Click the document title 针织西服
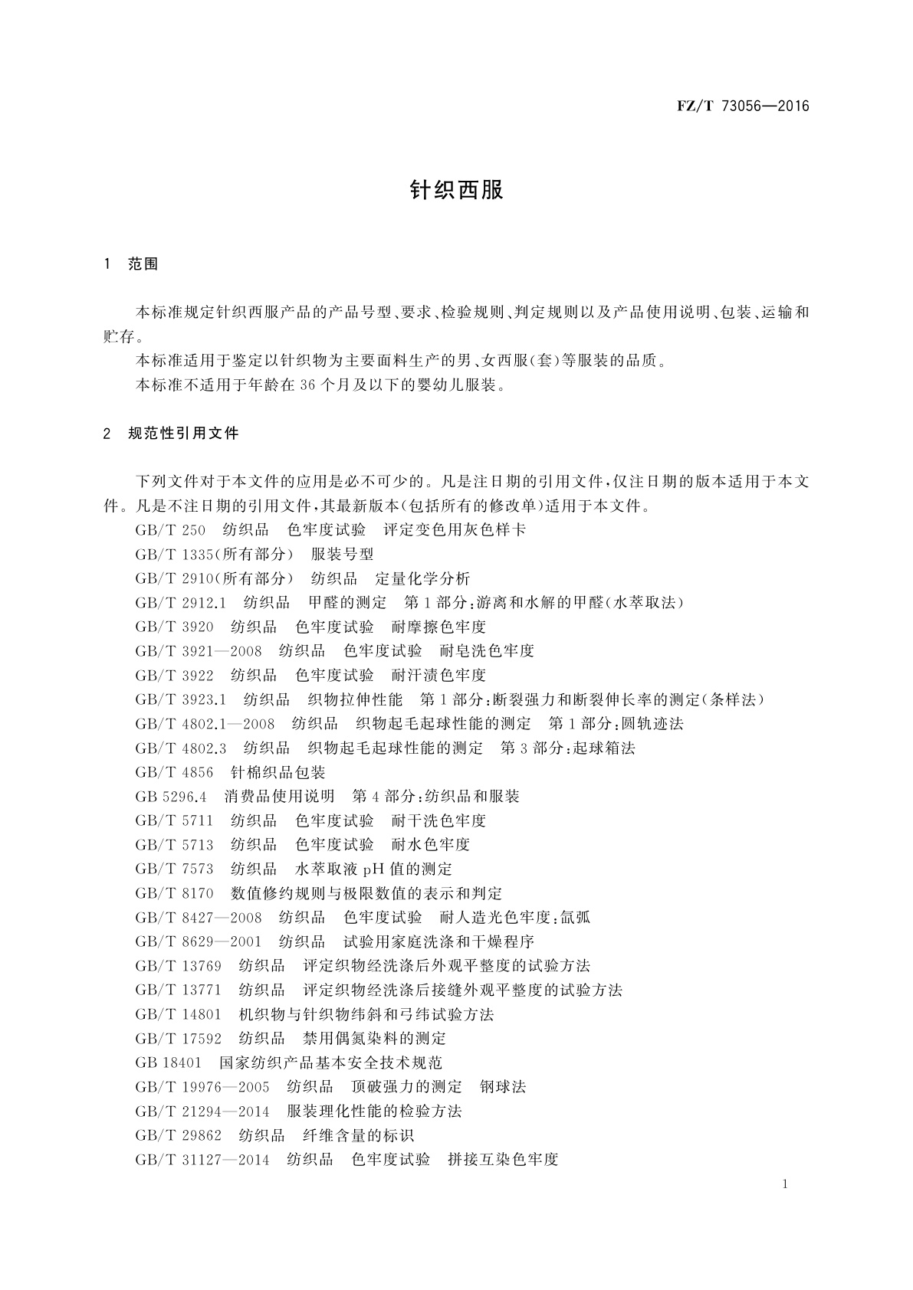[457, 191]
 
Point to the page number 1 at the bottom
[785, 1184]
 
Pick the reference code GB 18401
[168, 1063]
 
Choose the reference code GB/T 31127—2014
[202, 1160]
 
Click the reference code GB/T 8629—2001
[198, 941]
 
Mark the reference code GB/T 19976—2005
[202, 1087]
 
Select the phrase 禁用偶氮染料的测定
[375, 1039]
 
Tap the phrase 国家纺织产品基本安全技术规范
[331, 1063]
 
